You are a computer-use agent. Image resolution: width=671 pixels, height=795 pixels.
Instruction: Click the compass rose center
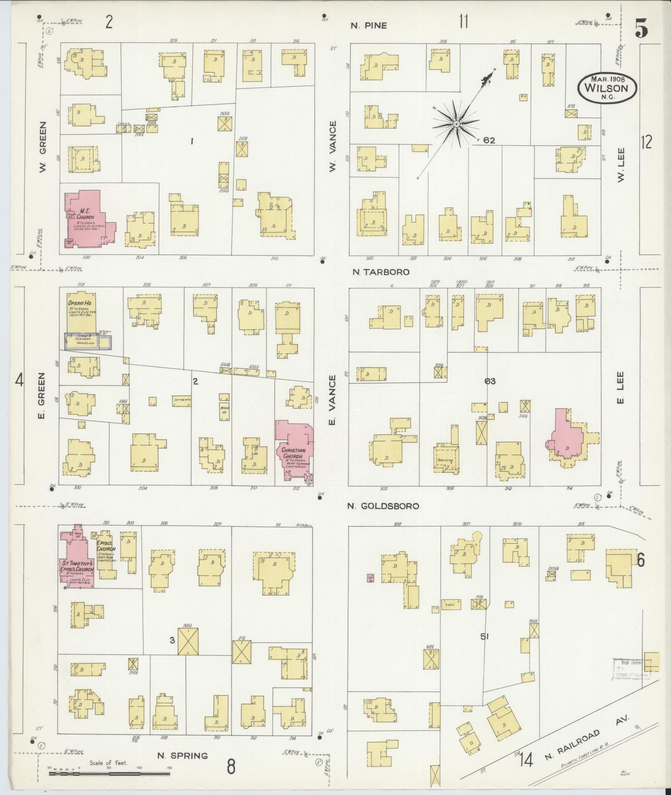456,124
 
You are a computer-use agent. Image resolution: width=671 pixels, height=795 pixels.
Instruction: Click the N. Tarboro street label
380,272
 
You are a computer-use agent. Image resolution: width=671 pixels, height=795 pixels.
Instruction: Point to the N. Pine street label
369,26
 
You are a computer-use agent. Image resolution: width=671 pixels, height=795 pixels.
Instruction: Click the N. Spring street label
182,756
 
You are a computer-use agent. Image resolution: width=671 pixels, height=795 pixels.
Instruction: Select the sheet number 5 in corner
641,29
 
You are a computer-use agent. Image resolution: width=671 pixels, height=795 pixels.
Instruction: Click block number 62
489,140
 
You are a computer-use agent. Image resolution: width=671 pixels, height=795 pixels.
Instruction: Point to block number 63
490,381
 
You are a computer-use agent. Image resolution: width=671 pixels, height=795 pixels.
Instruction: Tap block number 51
484,648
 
